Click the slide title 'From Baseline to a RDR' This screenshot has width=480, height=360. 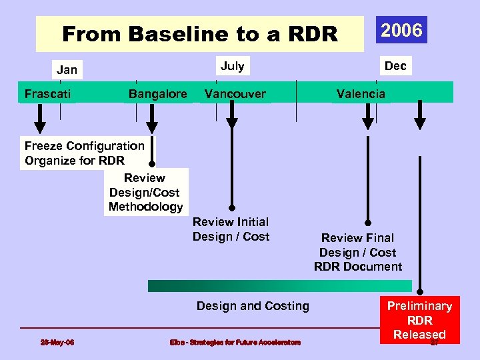(x=199, y=34)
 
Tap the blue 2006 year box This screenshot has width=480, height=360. (x=401, y=30)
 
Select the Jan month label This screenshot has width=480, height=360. (x=67, y=69)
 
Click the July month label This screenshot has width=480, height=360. (x=232, y=65)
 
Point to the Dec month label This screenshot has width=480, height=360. (x=396, y=65)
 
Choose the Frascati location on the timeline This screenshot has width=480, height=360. (x=48, y=93)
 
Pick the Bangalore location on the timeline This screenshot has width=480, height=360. (x=157, y=93)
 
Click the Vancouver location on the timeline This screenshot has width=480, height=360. (x=235, y=93)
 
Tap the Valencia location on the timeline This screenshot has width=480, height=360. (x=361, y=93)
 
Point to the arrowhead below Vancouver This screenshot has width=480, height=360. (x=232, y=122)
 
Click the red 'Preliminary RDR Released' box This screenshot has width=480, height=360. (x=419, y=320)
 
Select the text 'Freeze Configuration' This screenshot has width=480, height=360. (x=84, y=145)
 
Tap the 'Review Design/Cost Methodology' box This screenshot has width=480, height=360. (x=145, y=192)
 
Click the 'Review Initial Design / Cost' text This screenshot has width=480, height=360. (x=231, y=229)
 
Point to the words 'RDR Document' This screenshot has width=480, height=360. (x=358, y=267)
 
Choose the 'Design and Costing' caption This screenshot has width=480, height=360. (x=253, y=306)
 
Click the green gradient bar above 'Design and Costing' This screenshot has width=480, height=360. (x=279, y=286)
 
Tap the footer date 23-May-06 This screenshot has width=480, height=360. (x=57, y=343)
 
